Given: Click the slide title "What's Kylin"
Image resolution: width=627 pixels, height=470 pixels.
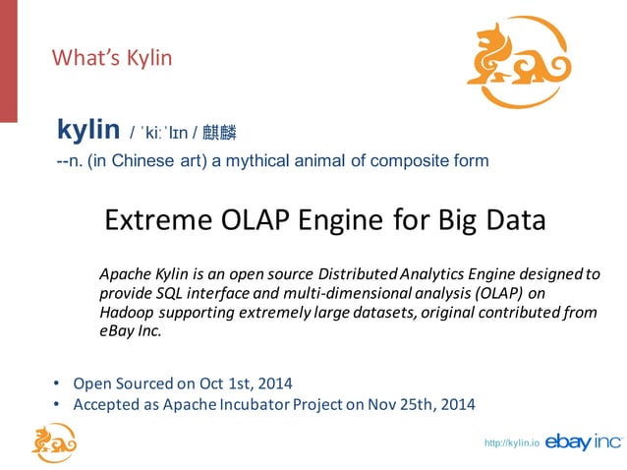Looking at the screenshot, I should click(x=111, y=58).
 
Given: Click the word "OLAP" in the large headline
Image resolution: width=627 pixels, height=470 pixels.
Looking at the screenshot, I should click(x=271, y=218).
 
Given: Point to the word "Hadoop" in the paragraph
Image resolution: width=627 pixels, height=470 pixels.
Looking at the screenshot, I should click(x=126, y=312).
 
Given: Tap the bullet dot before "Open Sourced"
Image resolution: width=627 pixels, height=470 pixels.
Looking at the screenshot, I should click(x=57, y=383).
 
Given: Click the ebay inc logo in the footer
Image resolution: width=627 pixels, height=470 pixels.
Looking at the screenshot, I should click(x=583, y=442).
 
